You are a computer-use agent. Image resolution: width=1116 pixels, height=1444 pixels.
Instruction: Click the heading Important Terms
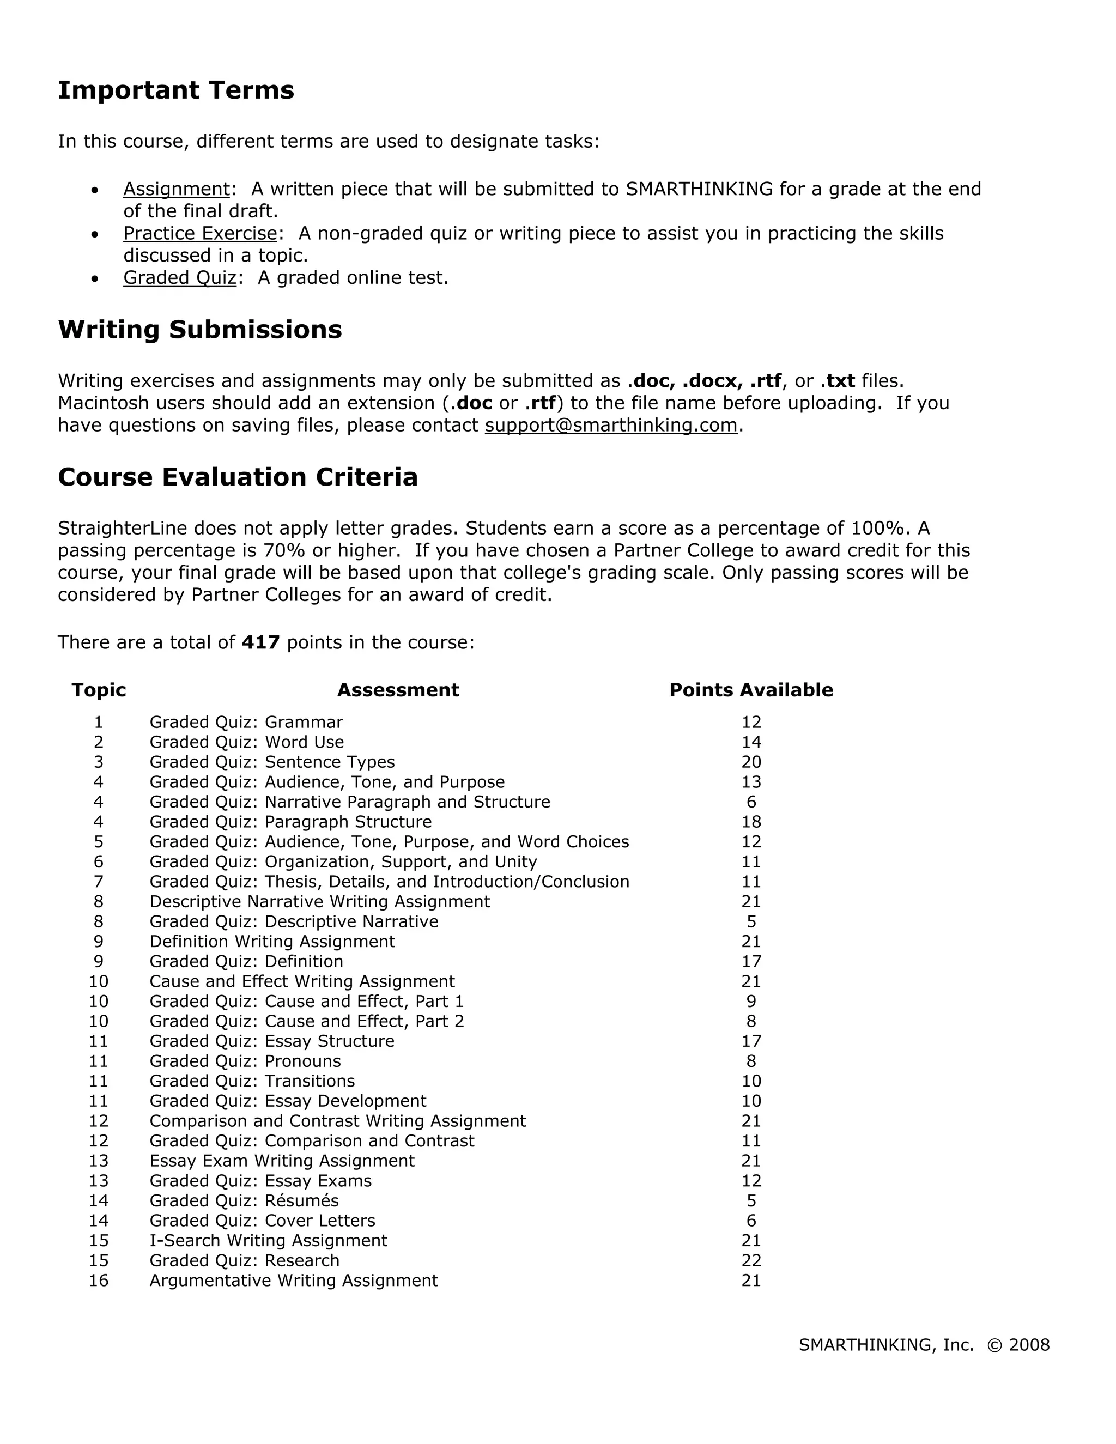[x=176, y=90]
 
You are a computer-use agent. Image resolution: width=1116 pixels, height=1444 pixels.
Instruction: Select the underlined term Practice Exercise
[x=199, y=233]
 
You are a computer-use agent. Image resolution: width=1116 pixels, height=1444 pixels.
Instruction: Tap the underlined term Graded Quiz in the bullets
[x=179, y=278]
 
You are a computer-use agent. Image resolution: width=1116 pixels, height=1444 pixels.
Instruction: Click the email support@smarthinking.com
[x=611, y=425]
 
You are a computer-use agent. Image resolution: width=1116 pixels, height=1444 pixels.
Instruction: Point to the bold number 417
[x=260, y=642]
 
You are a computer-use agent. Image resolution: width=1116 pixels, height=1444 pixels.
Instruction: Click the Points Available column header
[x=751, y=690]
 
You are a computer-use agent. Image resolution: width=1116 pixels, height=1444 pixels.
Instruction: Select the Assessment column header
[x=398, y=690]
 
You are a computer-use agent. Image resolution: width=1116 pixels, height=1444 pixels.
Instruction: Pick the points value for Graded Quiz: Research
[x=751, y=1261]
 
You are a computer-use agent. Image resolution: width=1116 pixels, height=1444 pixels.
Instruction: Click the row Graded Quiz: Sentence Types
[x=272, y=762]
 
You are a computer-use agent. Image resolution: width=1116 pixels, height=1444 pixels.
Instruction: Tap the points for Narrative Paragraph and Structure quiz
[x=751, y=802]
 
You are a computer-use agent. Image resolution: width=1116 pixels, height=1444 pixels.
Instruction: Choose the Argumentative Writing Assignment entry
[x=294, y=1281]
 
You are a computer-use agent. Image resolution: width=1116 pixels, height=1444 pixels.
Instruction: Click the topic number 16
[x=99, y=1281]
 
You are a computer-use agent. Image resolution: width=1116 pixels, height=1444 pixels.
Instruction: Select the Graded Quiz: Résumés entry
[x=244, y=1200]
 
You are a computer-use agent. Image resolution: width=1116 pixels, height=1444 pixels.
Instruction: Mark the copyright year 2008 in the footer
[x=1029, y=1345]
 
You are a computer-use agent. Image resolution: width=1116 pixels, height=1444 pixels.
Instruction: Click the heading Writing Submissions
[x=199, y=329]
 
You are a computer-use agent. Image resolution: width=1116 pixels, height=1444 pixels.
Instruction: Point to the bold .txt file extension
[x=838, y=381]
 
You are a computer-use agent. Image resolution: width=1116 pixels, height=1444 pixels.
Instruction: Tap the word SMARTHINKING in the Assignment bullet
[x=699, y=189]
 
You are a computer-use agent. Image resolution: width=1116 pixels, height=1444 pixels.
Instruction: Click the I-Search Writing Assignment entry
[x=269, y=1240]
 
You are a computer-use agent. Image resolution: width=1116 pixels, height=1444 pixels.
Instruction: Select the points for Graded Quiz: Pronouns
[x=751, y=1061]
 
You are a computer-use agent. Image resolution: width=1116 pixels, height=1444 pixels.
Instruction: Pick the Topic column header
[x=99, y=690]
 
